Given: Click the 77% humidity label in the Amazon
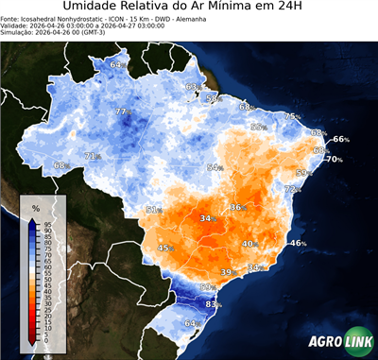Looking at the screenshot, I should [121, 112].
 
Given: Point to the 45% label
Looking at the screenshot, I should [164, 248].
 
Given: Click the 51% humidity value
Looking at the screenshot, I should [153, 210].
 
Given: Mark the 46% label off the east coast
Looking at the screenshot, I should [298, 244].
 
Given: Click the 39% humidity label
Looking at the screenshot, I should [227, 272].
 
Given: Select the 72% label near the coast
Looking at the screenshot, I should [293, 190].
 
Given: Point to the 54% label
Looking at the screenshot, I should [215, 167].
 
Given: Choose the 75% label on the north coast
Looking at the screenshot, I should [292, 116].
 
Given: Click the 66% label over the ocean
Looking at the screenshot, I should [340, 140].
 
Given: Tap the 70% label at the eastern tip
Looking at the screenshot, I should [334, 160].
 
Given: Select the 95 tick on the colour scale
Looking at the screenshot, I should [48, 223].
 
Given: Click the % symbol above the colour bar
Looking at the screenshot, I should [35, 207].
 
